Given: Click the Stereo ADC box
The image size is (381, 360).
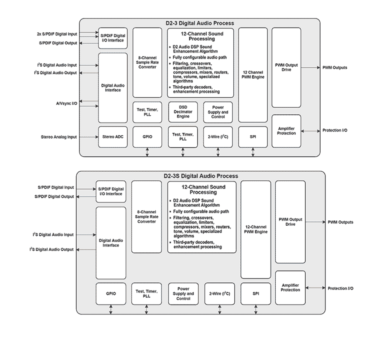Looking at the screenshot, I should pyautogui.click(x=113, y=137).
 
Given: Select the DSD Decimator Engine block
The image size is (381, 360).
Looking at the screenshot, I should pyautogui.click(x=183, y=112).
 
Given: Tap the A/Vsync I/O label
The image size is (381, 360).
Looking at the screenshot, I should pyautogui.click(x=66, y=103).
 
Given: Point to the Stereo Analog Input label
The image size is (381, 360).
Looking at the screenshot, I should pyautogui.click(x=59, y=137).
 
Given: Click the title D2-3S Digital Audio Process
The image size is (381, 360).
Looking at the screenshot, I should pyautogui.click(x=201, y=176).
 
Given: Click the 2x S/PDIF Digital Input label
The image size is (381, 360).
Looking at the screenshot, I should pyautogui.click(x=57, y=34).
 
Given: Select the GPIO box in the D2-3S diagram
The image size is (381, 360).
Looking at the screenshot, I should pyautogui.click(x=111, y=294).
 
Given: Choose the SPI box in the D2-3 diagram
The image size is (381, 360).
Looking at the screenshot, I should pyautogui.click(x=253, y=137).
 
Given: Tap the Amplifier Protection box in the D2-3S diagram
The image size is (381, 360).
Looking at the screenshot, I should pyautogui.click(x=290, y=288).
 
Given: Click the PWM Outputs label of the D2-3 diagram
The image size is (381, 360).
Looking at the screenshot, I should pyautogui.click(x=335, y=68).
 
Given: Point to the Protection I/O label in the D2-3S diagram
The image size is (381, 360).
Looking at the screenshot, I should pyautogui.click(x=340, y=288).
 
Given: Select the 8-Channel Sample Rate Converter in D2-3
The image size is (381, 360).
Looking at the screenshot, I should pyautogui.click(x=147, y=62).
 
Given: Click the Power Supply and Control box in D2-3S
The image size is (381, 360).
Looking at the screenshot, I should pyautogui.click(x=183, y=294).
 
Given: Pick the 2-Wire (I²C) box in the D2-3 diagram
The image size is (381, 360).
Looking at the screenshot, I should pyautogui.click(x=218, y=137).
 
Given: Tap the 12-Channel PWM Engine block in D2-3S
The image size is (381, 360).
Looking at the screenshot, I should pyautogui.click(x=255, y=229).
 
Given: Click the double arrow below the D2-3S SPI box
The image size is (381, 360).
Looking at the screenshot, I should pyautogui.click(x=256, y=309).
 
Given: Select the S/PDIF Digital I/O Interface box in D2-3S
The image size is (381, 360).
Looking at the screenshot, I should pyautogui.click(x=111, y=191).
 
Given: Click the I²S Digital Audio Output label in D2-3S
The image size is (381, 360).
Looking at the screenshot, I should pyautogui.click(x=52, y=249).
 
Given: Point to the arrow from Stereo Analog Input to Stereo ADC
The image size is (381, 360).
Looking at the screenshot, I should pyautogui.click(x=88, y=137).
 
